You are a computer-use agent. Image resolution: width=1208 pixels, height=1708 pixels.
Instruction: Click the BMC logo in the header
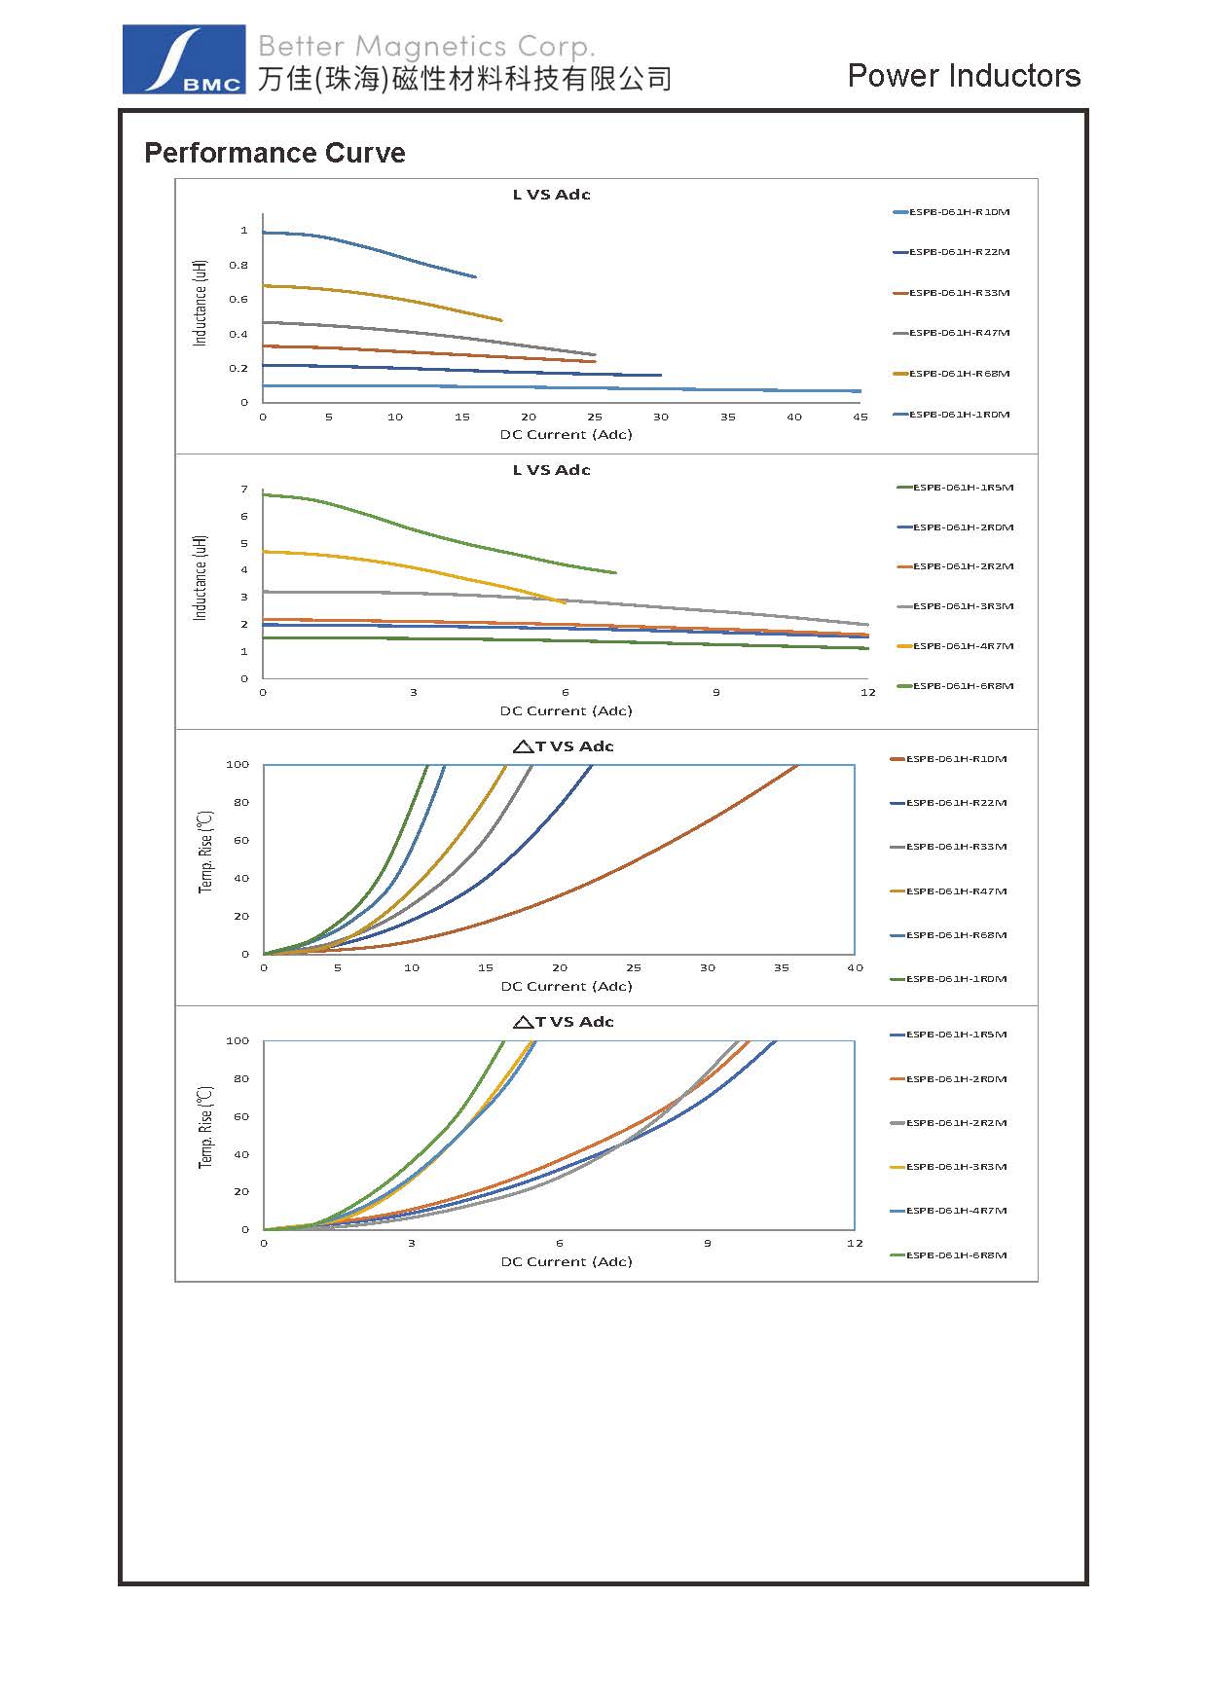tap(183, 59)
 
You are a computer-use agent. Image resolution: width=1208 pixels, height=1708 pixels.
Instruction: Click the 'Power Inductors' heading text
tap(964, 76)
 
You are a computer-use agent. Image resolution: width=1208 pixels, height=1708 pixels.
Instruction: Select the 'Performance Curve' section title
tap(275, 153)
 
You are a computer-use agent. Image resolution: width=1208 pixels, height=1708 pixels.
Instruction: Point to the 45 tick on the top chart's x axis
tap(860, 417)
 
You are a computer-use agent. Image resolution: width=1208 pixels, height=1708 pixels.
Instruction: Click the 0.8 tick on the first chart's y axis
tap(238, 265)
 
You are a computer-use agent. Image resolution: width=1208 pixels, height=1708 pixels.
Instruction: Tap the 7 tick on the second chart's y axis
tap(244, 490)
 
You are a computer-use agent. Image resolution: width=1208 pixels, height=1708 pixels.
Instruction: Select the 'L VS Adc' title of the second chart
tap(552, 470)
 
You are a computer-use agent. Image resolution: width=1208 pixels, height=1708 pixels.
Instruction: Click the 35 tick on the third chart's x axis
tap(782, 968)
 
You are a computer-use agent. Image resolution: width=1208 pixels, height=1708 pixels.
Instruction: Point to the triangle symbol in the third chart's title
tap(522, 746)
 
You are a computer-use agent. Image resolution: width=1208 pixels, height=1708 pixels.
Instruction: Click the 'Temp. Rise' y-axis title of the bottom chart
tap(205, 1127)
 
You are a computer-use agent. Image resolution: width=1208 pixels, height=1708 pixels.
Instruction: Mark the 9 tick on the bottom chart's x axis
tap(708, 1244)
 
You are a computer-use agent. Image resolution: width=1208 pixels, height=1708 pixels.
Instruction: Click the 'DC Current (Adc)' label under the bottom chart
tap(567, 1262)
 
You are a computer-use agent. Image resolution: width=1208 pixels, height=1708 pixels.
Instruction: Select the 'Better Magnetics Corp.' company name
tap(426, 46)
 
